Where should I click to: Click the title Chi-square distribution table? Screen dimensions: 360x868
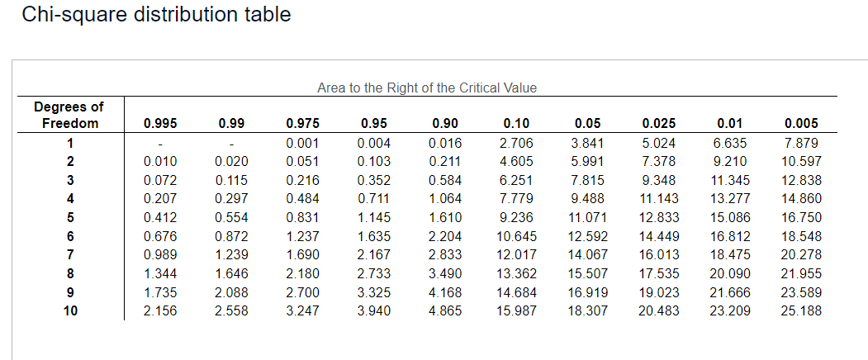coord(156,15)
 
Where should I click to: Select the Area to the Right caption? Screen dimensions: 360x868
coord(427,88)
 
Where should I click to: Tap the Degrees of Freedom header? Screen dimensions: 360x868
coord(69,115)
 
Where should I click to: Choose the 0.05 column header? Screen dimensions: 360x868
coord(586,124)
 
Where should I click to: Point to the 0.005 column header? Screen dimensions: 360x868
coord(800,124)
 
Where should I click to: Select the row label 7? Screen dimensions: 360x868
coord(70,254)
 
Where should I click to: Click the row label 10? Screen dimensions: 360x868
coord(70,311)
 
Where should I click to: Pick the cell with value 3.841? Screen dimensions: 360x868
coord(586,143)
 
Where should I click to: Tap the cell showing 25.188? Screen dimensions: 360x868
coord(800,311)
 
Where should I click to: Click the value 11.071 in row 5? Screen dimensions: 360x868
coord(586,218)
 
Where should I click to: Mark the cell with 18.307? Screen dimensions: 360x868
coord(586,311)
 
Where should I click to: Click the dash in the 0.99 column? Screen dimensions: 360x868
coord(231,143)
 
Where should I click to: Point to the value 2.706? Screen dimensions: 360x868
coord(516,143)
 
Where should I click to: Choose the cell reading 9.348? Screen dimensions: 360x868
coord(658,180)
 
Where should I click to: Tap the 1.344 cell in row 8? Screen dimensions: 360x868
coord(159,273)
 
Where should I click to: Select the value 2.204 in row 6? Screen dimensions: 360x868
coord(446,236)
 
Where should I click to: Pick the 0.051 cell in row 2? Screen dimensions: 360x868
coord(301,161)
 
